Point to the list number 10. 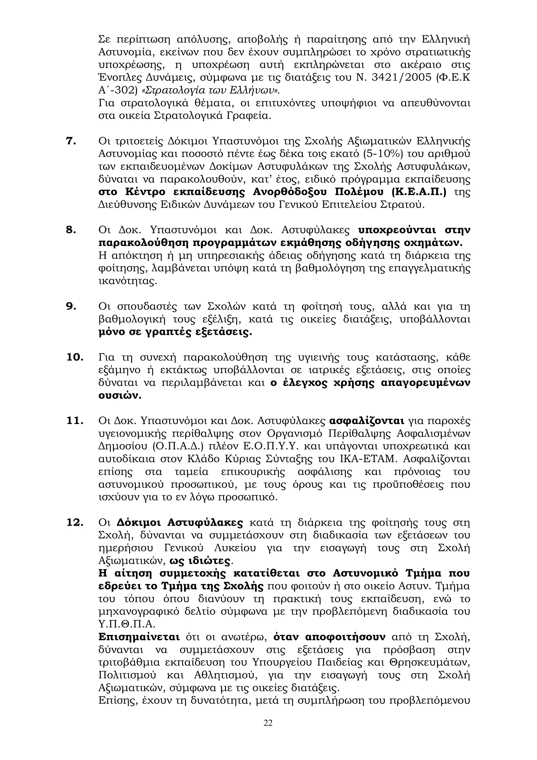click(74, 357)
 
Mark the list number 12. click(74, 523)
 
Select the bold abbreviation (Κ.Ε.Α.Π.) click(418, 192)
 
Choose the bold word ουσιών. click(120, 396)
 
